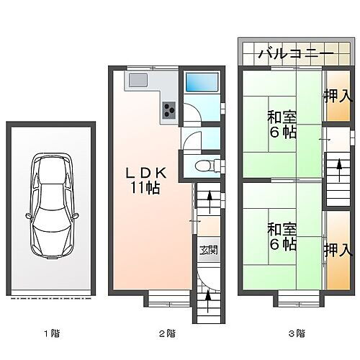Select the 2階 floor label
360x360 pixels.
pyautogui.click(x=166, y=333)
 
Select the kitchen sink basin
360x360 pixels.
pyautogui.click(x=139, y=80)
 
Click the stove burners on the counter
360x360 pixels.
pyautogui.click(x=170, y=109)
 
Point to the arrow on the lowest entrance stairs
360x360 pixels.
pyautogui.click(x=207, y=296)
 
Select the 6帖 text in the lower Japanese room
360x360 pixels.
pyautogui.click(x=282, y=244)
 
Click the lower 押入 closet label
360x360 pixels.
pyautogui.click(x=337, y=251)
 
